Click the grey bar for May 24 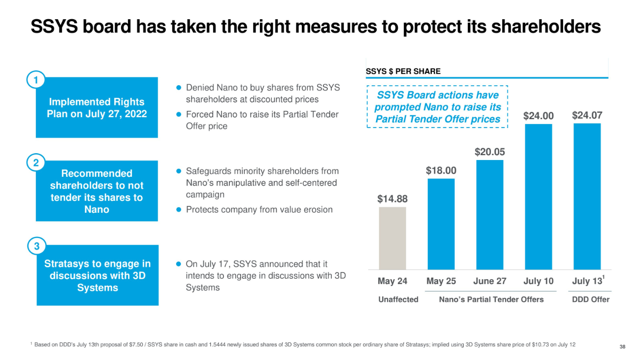(392, 238)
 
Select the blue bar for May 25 (441, 224)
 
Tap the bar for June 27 (489, 214)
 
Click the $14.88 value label (392, 199)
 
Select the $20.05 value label (489, 152)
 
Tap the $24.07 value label (587, 116)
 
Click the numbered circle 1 (36, 80)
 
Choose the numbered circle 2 (36, 163)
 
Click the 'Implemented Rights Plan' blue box (96, 108)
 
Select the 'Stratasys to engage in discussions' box (97, 275)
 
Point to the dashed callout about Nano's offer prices (437, 107)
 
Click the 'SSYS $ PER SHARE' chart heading (403, 71)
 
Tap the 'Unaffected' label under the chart (398, 299)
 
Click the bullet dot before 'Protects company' (179, 210)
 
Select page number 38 (622, 347)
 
